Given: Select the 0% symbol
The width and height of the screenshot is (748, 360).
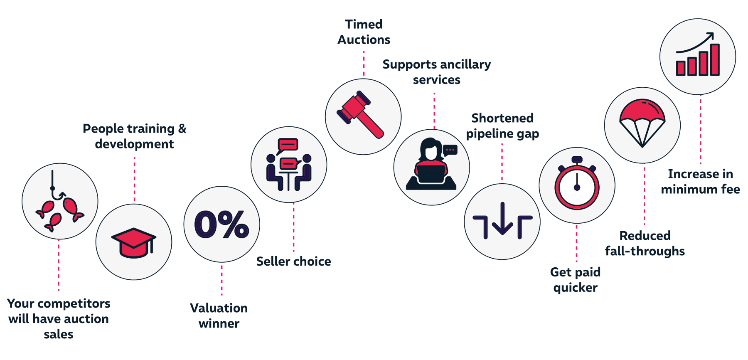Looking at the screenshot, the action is pyautogui.click(x=222, y=224).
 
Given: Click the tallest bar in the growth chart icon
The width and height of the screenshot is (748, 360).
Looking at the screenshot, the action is pyautogui.click(x=715, y=60).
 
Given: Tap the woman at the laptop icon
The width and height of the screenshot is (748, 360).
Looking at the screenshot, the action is pyautogui.click(x=431, y=164).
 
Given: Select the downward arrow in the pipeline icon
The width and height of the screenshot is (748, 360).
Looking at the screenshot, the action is pyautogui.click(x=502, y=218).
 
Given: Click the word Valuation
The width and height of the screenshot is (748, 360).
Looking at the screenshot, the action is pyautogui.click(x=219, y=308).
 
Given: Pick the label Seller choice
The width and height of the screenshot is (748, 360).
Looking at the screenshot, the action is pyautogui.click(x=294, y=261).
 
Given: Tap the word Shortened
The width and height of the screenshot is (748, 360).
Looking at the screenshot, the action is pyautogui.click(x=502, y=118).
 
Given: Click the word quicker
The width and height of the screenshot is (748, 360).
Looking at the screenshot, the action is pyautogui.click(x=576, y=288).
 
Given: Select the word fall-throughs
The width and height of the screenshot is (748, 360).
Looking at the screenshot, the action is pyautogui.click(x=645, y=251).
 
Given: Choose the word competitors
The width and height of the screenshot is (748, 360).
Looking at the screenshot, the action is pyautogui.click(x=74, y=304).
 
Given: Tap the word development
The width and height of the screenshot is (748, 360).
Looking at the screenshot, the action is pyautogui.click(x=134, y=144).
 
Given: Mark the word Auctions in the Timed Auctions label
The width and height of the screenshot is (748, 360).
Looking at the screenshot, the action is pyautogui.click(x=364, y=39).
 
